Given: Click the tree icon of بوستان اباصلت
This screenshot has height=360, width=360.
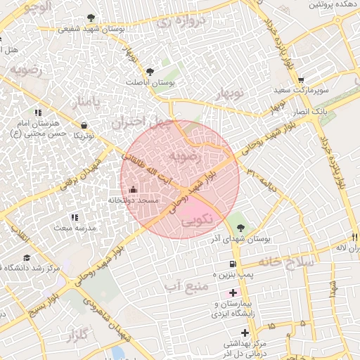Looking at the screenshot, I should pos(149,71).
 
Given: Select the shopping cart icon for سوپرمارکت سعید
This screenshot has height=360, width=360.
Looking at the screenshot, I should pos(301,80).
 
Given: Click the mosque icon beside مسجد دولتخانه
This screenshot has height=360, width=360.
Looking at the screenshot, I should pos(134,188).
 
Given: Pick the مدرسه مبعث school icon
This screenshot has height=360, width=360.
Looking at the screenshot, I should pos(75,217).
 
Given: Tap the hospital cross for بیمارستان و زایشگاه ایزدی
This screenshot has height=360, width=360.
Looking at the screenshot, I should pos(233,292).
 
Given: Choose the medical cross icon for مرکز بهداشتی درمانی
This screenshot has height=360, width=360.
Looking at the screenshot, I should pos(245,332).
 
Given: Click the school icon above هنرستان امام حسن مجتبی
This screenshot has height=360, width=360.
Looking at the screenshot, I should pos(37,113).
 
